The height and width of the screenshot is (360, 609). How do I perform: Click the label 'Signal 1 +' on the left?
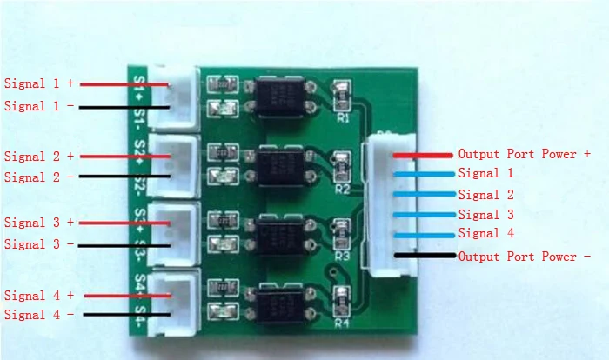coord(40,84)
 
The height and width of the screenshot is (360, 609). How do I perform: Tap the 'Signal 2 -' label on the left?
coord(40,177)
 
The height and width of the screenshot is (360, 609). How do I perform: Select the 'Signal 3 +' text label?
coord(40,223)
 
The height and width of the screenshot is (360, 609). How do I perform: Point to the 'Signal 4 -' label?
coord(40,316)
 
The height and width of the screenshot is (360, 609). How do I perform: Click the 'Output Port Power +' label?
coord(525,154)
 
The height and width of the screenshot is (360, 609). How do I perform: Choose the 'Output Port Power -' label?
coord(525,257)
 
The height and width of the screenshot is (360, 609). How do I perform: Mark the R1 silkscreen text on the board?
coord(342,117)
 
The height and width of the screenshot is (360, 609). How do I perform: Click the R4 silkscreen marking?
coord(342,323)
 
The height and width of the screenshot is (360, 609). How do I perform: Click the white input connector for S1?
coord(176,94)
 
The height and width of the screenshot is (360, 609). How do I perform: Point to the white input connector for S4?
coord(175,301)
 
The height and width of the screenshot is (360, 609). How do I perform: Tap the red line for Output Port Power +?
coord(422,155)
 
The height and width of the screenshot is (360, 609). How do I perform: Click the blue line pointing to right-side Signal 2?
coord(422,194)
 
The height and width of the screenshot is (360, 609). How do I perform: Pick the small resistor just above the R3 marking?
coord(341,230)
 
